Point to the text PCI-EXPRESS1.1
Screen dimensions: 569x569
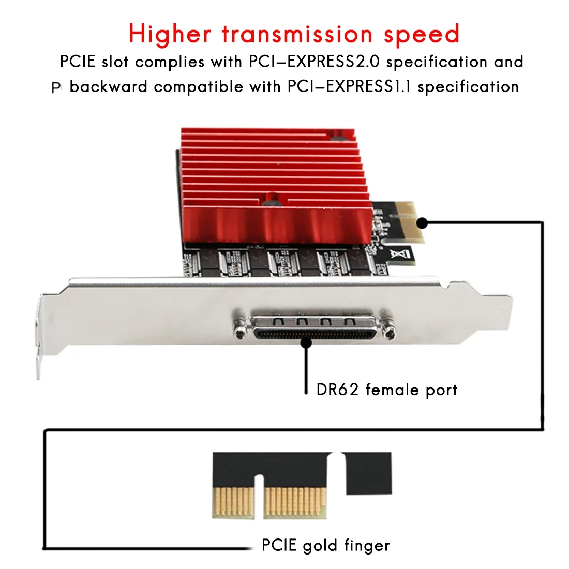click(350, 86)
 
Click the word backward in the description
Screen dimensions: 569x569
click(109, 86)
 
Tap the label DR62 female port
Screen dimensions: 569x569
click(387, 390)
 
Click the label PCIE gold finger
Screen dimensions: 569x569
click(325, 545)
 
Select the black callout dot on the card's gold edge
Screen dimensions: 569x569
click(422, 223)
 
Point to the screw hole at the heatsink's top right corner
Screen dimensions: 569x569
click(339, 138)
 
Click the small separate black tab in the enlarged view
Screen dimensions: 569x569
click(368, 473)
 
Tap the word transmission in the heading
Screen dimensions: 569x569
click(297, 34)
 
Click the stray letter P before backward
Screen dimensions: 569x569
click(56, 88)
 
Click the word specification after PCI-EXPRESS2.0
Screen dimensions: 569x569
click(437, 62)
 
